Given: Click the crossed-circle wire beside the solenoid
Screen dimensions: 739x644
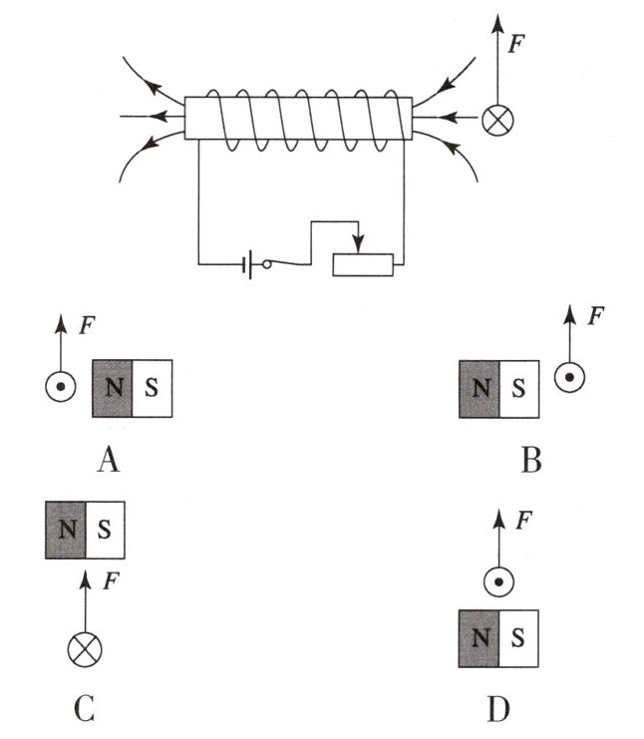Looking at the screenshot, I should pos(495,121).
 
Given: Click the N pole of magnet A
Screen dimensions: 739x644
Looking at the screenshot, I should pos(113,388).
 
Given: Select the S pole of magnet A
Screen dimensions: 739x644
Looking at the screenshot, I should pos(152,388).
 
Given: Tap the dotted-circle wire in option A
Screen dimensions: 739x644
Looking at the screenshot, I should pos(61,389).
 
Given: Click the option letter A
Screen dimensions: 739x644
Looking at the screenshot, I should pos(109,460).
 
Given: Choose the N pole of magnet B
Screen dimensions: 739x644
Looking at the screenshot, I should pos(480,388).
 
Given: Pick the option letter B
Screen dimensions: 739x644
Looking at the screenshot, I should pos(530,460).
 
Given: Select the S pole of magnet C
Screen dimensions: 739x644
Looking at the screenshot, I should pos(105,530).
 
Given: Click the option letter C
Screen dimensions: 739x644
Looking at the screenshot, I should pos(85,709).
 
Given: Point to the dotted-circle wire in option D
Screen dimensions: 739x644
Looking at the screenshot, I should pos(497,582).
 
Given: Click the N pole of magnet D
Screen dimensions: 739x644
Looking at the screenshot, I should pos(480,637).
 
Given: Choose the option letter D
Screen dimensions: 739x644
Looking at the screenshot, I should pos(498,709).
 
